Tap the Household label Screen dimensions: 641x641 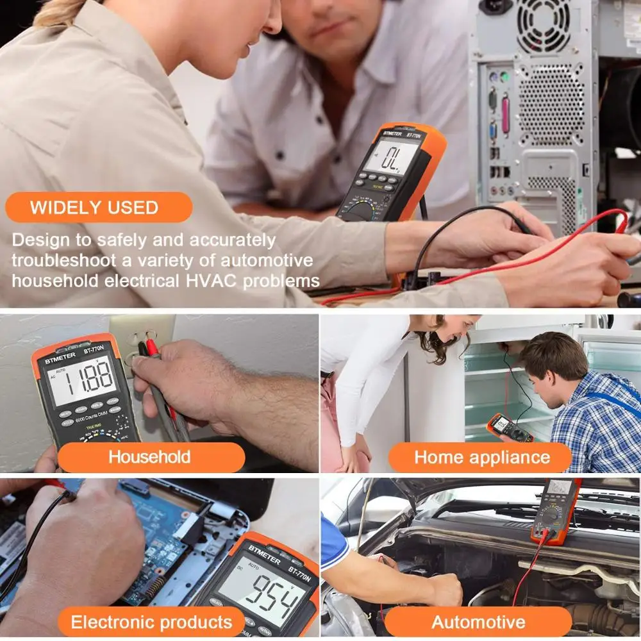[x=149, y=457]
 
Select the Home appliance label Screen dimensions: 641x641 [x=481, y=457]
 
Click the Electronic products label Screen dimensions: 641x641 [x=151, y=621]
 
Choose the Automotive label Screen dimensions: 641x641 [x=478, y=621]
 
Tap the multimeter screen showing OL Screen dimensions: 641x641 [x=390, y=156]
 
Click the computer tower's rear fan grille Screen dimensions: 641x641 [x=543, y=26]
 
